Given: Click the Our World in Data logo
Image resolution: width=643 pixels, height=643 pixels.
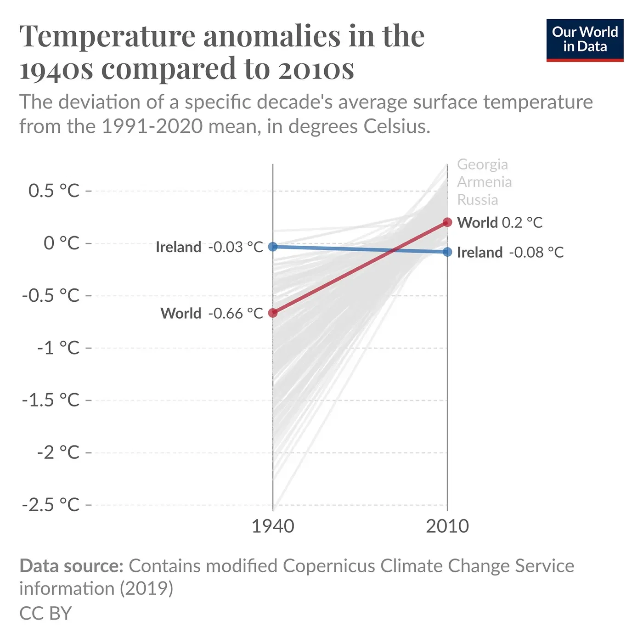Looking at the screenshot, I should (x=585, y=40).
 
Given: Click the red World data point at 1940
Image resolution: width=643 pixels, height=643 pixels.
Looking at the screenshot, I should (x=273, y=313).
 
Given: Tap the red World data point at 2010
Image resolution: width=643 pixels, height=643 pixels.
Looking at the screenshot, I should (x=447, y=222).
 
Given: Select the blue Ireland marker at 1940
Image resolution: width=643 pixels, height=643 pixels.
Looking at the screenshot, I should (x=273, y=247).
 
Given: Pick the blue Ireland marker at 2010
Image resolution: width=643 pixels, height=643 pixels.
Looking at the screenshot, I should (x=447, y=252).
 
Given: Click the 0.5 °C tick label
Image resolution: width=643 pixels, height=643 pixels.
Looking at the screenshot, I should (x=54, y=191).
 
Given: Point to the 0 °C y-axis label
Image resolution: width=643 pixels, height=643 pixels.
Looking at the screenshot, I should (x=62, y=243).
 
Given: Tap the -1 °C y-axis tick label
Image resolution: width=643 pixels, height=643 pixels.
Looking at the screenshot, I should (x=58, y=348).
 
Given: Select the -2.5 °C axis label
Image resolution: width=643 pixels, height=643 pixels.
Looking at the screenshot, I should (x=51, y=505).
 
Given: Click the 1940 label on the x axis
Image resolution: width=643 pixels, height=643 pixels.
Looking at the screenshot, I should (x=273, y=526).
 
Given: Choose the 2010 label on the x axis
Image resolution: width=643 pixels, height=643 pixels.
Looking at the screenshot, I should (x=447, y=526).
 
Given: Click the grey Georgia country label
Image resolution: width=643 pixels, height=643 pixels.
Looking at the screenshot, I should (x=482, y=164).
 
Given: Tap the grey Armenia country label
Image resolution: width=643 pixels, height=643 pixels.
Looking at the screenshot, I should (x=484, y=182).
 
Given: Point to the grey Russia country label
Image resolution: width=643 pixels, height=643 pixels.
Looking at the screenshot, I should (x=478, y=200).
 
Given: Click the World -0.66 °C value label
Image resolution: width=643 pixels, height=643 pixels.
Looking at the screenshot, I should (x=212, y=313).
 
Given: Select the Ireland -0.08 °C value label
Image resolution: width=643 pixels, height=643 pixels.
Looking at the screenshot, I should (x=510, y=252).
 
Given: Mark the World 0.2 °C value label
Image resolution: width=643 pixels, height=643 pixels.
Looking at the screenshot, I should (x=500, y=223).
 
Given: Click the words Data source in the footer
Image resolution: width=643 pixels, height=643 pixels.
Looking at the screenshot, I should (x=71, y=566).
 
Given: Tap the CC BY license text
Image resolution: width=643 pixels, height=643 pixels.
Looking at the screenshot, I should (x=45, y=614).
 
